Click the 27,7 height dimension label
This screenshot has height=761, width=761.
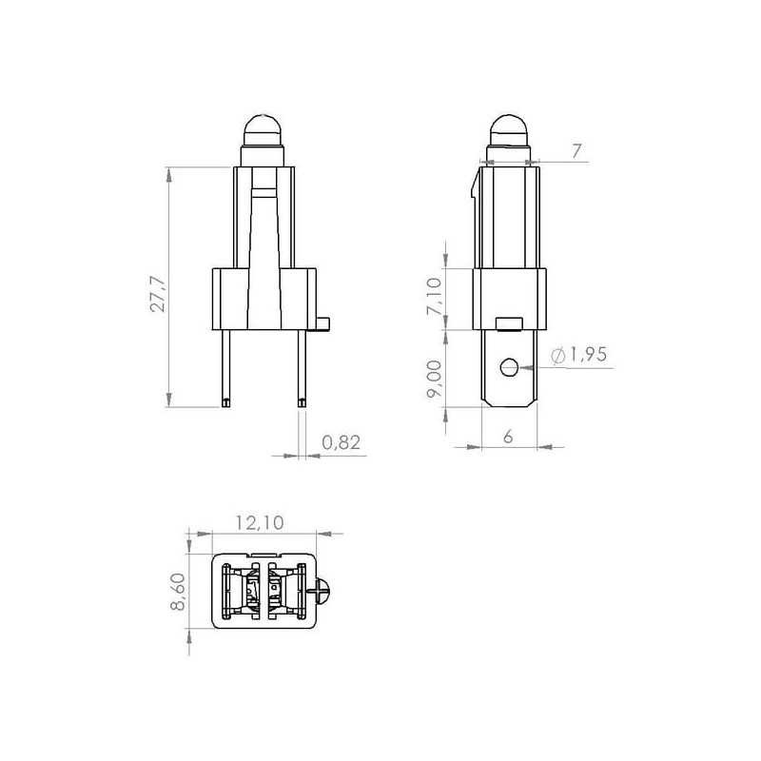tap(159, 295)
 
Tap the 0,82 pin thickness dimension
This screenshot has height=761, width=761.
tap(341, 442)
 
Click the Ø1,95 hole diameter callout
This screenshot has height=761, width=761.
tap(579, 355)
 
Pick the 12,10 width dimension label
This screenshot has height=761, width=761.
tap(260, 522)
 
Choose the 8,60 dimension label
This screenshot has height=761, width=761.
tap(178, 592)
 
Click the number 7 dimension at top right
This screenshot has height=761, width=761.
tap(576, 151)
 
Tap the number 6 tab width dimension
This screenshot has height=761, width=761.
tap(508, 437)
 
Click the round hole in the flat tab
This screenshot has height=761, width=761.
tap(509, 367)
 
